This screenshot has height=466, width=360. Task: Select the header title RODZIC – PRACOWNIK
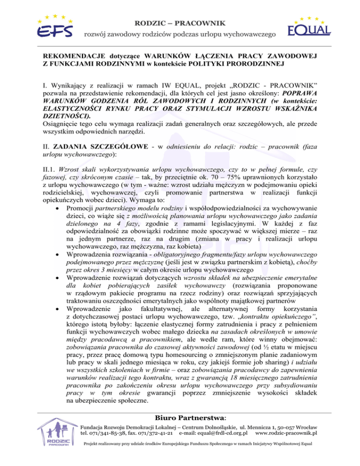[x=180, y=23]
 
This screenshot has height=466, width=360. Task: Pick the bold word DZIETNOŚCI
[x=67, y=114]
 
